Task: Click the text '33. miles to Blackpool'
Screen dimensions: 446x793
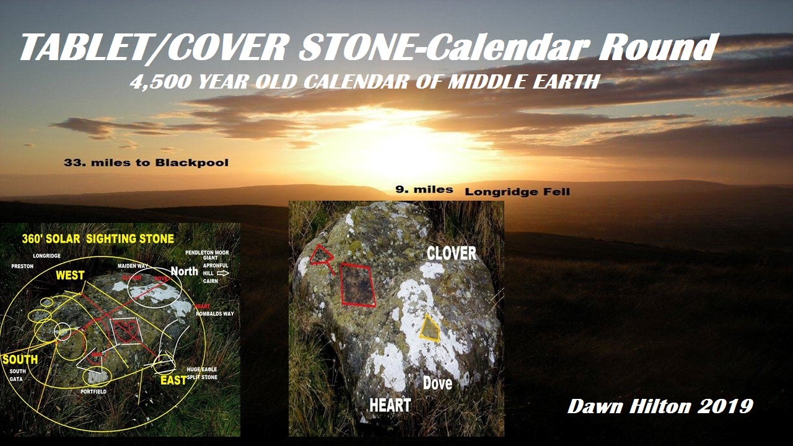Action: [x=146, y=163]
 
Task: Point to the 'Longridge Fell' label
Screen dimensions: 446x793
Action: [x=517, y=192]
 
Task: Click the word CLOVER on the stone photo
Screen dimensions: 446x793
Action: [x=452, y=253]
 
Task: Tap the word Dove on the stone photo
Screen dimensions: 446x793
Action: [x=437, y=383]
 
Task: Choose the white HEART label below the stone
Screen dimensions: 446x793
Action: [x=390, y=406]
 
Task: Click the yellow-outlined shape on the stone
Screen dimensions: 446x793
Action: [x=430, y=328]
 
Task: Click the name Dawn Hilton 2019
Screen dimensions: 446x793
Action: [x=660, y=406]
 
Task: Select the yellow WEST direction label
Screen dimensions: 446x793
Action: [x=70, y=275]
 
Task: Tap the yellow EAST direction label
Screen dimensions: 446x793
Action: [x=173, y=380]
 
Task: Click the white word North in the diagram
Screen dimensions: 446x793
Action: [x=184, y=271]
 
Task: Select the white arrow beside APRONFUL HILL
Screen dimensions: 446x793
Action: [x=224, y=272]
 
